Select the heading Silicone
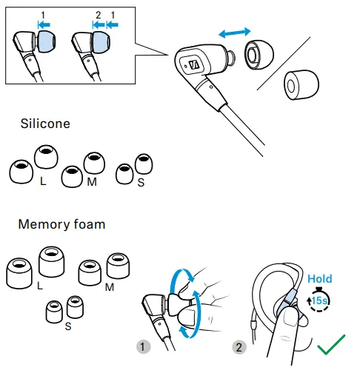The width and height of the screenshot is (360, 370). [x=45, y=124]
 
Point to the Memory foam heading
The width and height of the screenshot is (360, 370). [x=62, y=223]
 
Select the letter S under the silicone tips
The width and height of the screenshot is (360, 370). [x=141, y=180]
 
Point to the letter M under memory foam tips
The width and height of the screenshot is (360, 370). [x=109, y=286]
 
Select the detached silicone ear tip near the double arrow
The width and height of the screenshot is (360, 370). [x=255, y=54]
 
